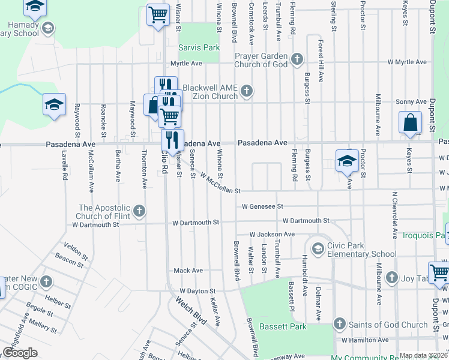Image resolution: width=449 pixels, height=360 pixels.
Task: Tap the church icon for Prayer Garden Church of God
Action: tap(297, 59)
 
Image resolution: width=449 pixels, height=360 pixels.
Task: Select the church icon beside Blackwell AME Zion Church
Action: tap(246, 91)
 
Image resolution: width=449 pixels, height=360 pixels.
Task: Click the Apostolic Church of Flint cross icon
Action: tap(139, 211)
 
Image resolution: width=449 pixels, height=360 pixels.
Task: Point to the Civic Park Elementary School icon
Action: tap(317, 248)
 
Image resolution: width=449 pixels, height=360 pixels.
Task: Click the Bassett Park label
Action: tap(283, 327)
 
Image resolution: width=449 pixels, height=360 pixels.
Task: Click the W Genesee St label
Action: tap(262, 206)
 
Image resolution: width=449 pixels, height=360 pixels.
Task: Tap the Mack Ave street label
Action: tap(188, 271)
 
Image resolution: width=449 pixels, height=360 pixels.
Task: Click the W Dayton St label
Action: tap(196, 290)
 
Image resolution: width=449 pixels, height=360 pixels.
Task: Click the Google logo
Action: tap(20, 352)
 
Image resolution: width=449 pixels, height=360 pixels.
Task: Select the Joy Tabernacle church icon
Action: tap(392, 277)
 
